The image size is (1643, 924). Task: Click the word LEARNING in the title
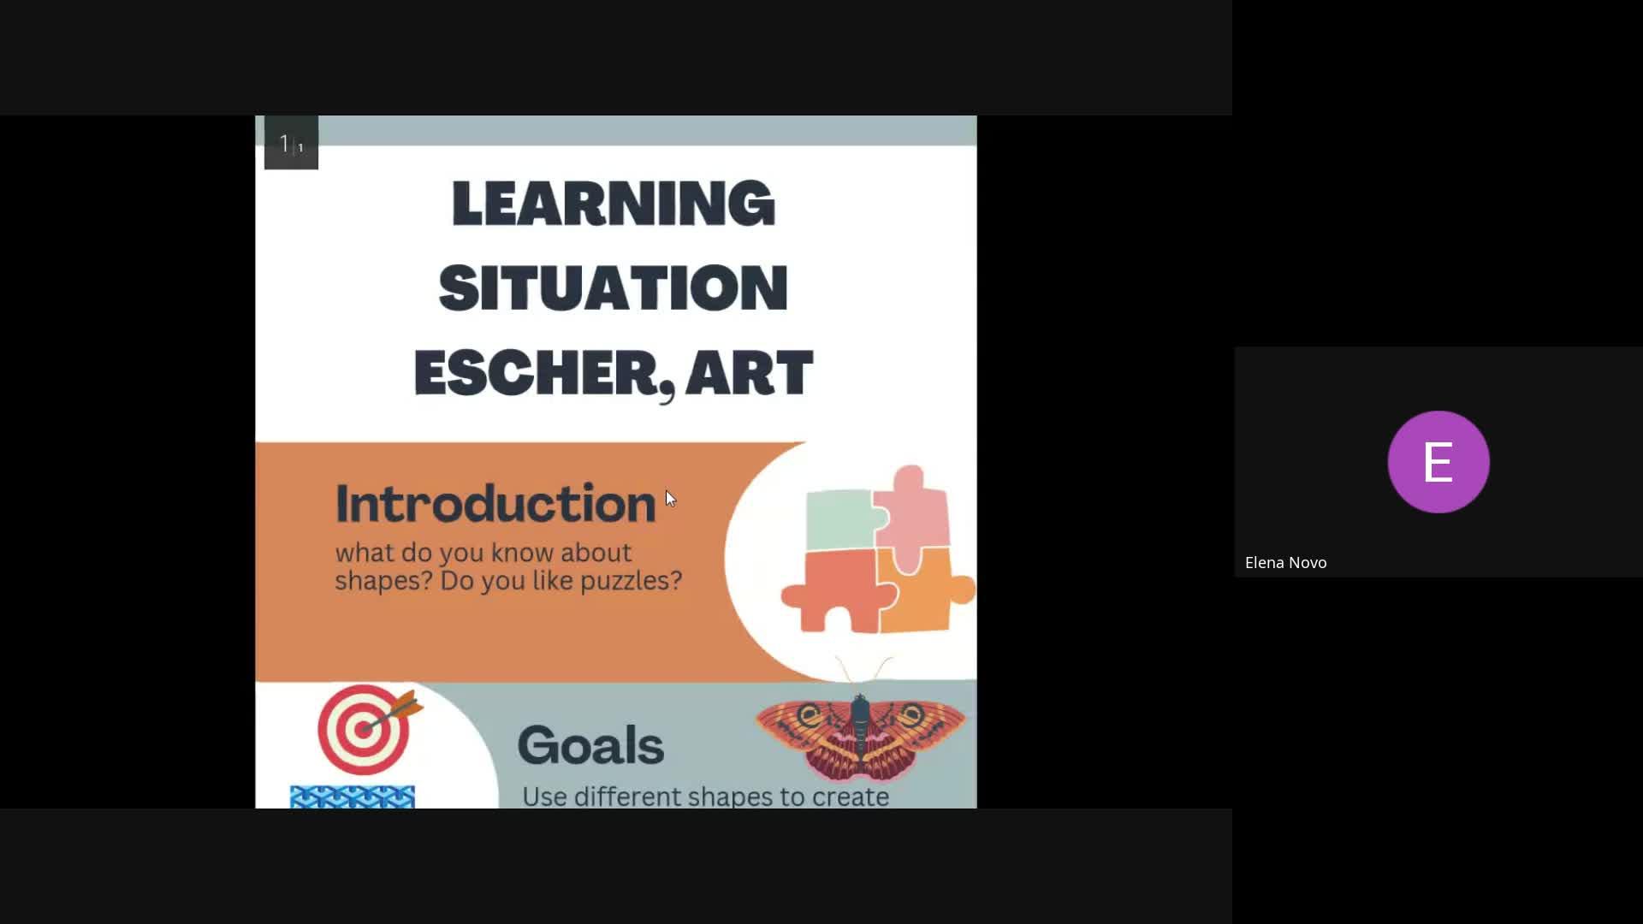(x=613, y=203)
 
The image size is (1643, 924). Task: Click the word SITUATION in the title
(x=613, y=287)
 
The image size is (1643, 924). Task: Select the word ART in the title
(x=749, y=372)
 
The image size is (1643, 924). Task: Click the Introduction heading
(x=495, y=503)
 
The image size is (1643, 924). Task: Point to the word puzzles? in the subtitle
(x=632, y=581)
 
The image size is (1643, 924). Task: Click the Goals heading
(x=590, y=744)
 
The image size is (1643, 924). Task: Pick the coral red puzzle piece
(x=834, y=590)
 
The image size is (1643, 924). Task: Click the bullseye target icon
(x=364, y=730)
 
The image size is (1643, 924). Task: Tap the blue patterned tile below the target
(x=353, y=797)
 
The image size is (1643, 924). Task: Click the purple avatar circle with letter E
(x=1438, y=462)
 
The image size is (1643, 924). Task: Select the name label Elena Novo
(x=1285, y=562)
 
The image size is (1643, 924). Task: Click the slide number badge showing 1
(x=291, y=143)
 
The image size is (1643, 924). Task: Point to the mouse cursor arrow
(x=670, y=499)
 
